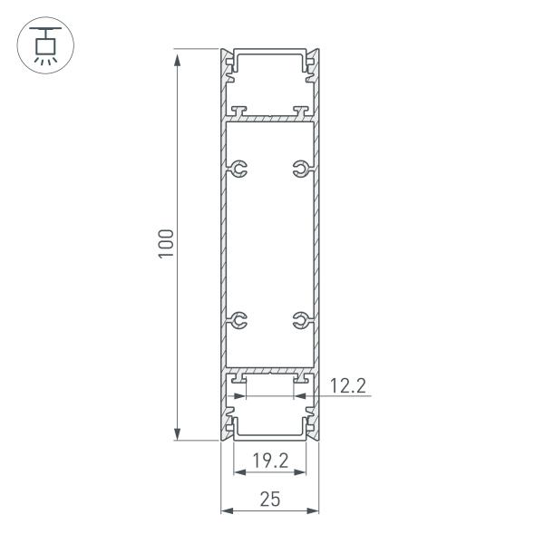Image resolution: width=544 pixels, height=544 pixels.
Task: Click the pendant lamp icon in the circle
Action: tap(42, 44)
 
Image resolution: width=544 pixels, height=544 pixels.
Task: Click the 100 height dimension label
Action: tap(166, 245)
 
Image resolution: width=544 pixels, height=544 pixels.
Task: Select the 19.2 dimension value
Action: tap(270, 461)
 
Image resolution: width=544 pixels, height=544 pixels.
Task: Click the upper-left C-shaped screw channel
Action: tap(238, 169)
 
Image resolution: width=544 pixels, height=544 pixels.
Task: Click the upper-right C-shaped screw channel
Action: tap(302, 169)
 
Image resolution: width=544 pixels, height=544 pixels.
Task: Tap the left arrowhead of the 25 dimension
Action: tap(228, 510)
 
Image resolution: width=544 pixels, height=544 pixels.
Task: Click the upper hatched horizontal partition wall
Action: tap(270, 118)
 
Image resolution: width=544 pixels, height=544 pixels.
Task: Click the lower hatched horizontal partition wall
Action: tap(270, 371)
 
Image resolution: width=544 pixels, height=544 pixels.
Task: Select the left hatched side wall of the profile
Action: tap(222, 245)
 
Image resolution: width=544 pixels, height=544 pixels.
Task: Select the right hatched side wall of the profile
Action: tap(318, 245)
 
